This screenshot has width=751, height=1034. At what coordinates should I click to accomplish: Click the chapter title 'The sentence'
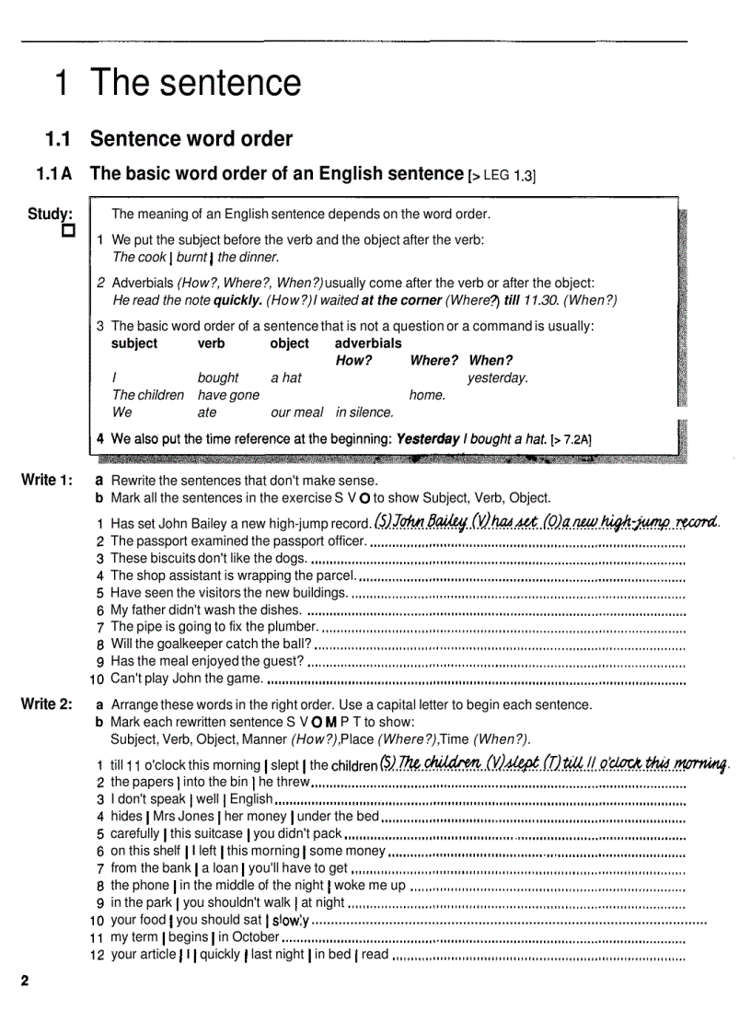(195, 83)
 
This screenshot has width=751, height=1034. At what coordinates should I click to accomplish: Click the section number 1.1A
(55, 173)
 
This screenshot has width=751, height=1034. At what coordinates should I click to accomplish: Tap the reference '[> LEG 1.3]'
(503, 175)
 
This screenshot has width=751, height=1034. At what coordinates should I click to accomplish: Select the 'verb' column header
(211, 343)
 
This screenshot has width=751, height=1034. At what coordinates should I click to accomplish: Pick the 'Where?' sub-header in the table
(433, 360)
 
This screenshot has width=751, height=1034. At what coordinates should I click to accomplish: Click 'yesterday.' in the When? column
(497, 378)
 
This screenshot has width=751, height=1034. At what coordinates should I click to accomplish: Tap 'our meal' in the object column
(296, 412)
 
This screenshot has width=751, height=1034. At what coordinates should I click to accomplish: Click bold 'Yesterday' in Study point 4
(427, 439)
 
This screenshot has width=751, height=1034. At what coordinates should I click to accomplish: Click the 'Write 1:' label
(46, 481)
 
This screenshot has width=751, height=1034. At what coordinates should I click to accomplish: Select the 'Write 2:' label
(46, 704)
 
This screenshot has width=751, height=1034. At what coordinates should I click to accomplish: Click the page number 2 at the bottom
(26, 980)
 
